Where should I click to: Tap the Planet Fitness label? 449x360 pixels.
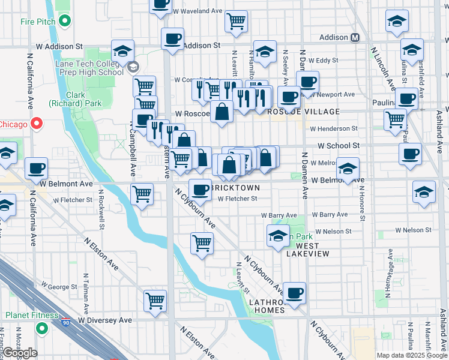30,315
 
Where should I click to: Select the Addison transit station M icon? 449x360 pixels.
355,37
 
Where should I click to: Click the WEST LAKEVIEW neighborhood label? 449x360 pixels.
312,250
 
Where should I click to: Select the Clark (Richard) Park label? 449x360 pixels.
84,99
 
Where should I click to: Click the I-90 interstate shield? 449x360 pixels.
64,323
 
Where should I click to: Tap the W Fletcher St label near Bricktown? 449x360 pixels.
237,199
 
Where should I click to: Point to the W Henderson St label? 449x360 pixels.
333,128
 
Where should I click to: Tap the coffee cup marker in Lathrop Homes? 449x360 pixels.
294,293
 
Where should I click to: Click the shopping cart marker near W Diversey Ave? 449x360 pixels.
155,300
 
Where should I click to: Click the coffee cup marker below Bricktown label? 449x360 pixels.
200,190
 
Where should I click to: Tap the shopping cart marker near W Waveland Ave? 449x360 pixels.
236,22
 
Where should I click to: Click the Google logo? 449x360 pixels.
20,353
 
